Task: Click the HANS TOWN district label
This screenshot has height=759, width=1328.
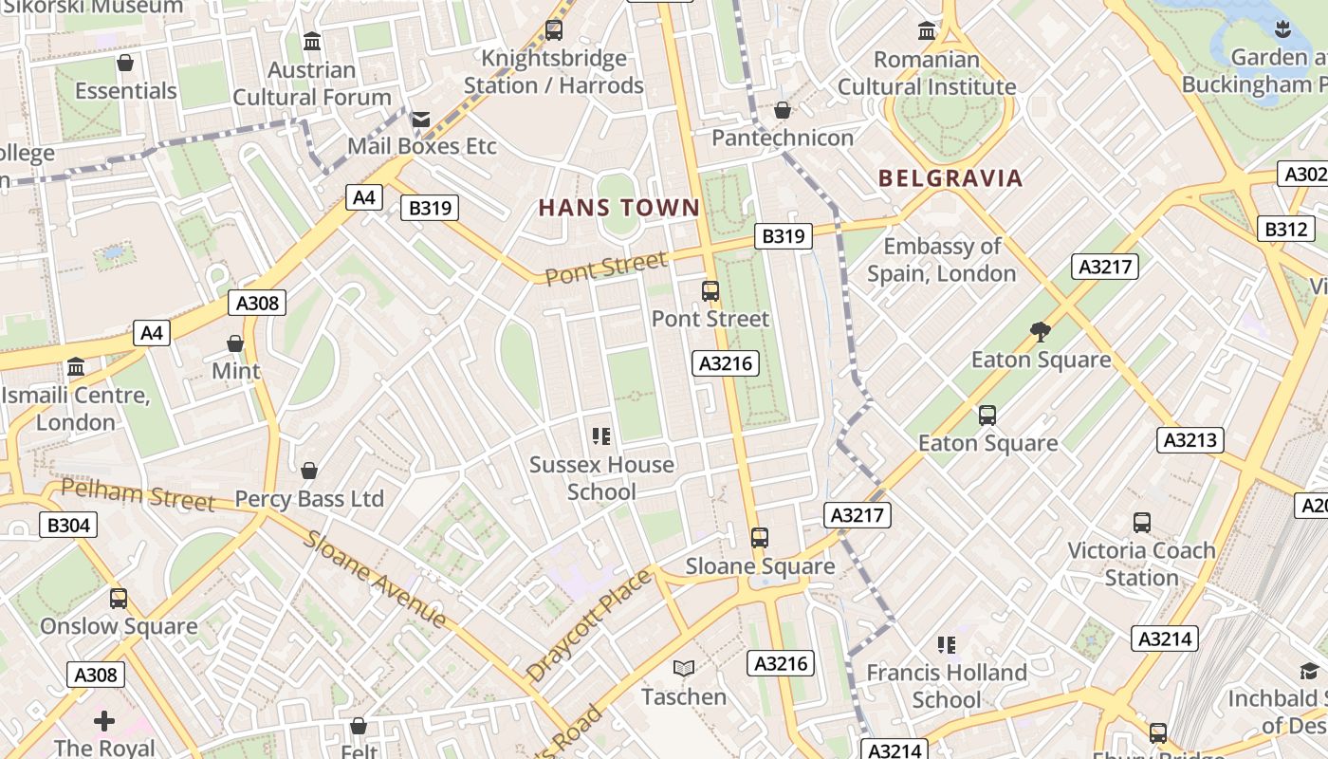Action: tap(619, 208)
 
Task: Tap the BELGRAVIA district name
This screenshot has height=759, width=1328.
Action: tap(950, 178)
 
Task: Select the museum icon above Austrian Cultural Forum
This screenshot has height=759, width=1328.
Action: tap(312, 42)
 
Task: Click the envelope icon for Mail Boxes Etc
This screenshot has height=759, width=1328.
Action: tap(420, 120)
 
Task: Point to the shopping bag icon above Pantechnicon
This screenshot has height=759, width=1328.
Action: tap(783, 111)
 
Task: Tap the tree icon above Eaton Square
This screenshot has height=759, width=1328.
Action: tap(1041, 331)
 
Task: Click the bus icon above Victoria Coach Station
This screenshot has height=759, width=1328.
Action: tap(1142, 523)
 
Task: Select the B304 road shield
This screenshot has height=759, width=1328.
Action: tap(68, 525)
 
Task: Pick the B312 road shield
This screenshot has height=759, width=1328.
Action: tap(1286, 229)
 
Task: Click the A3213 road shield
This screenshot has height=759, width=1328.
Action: tap(1190, 440)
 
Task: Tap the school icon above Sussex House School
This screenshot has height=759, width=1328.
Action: tap(601, 436)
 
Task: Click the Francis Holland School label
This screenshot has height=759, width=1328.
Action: tap(947, 686)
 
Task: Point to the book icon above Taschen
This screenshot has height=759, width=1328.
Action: tap(684, 669)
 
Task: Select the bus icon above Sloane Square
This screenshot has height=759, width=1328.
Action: tap(760, 538)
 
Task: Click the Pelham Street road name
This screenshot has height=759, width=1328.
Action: tap(138, 495)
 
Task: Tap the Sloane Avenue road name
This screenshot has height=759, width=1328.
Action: tap(376, 579)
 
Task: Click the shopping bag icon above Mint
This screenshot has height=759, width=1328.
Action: tap(235, 342)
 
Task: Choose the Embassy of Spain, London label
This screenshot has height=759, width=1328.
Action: tap(941, 260)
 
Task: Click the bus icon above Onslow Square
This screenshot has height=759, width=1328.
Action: tap(119, 599)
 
